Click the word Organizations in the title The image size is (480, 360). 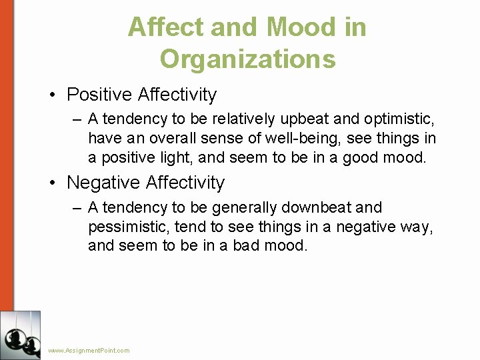[247, 59]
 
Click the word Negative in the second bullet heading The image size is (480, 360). [103, 182]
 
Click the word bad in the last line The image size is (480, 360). [247, 245]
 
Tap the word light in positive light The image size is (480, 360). [177, 158]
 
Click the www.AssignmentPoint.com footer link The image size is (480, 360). [89, 351]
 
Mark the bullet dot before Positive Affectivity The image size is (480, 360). [52, 95]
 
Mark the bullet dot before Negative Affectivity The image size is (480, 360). [52, 183]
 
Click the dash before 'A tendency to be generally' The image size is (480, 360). [77, 208]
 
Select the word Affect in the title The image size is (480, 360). [166, 27]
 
